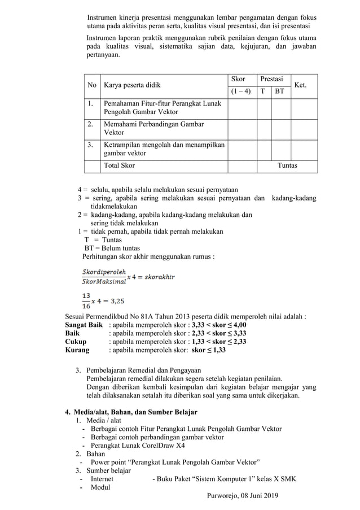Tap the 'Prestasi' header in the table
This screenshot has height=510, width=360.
point(271,79)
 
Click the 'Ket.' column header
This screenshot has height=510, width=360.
point(301,85)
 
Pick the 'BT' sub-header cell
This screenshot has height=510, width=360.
point(279,91)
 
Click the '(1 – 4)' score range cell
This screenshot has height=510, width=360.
point(242,91)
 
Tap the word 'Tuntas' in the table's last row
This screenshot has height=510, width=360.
point(287,165)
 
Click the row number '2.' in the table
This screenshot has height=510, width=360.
point(90,124)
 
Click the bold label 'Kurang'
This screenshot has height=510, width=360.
point(78,350)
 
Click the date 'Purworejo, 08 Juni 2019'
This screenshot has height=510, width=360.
point(247,496)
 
